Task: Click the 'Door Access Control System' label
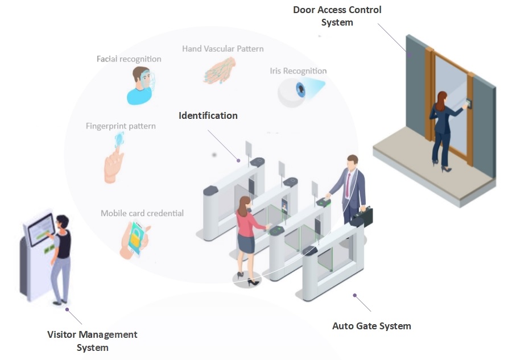tap(337, 16)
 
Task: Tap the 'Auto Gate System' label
tap(371, 326)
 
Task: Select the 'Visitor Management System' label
tap(92, 341)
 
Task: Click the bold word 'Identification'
tap(208, 115)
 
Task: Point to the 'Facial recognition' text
tap(129, 59)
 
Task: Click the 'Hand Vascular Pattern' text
tap(222, 49)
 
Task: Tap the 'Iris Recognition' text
tap(298, 71)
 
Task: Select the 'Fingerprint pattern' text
tap(121, 126)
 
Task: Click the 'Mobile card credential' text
tap(142, 213)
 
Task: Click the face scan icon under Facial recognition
tap(141, 85)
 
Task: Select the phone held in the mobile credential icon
tap(136, 238)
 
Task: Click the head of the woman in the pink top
tap(245, 204)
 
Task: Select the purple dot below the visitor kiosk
tap(67, 310)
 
